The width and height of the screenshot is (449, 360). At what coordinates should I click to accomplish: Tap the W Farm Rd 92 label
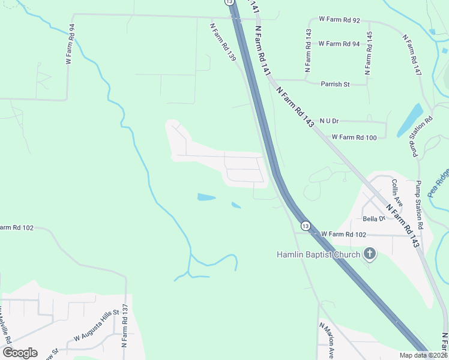point(339,20)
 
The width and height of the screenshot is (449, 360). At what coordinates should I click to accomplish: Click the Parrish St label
point(335,85)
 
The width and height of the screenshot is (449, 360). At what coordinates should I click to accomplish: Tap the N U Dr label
point(330,121)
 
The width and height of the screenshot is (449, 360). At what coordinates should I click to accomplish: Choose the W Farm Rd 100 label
point(354,138)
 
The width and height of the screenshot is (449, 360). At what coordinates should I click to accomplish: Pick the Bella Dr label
point(373,219)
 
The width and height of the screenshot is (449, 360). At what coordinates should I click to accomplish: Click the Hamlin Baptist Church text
point(318,254)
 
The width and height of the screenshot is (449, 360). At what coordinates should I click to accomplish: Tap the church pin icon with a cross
point(369,254)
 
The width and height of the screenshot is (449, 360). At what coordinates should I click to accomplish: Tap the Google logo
point(20,352)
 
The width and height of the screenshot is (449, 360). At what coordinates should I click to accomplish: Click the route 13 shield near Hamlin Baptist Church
point(306,226)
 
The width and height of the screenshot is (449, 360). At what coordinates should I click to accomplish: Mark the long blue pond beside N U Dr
point(409,119)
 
